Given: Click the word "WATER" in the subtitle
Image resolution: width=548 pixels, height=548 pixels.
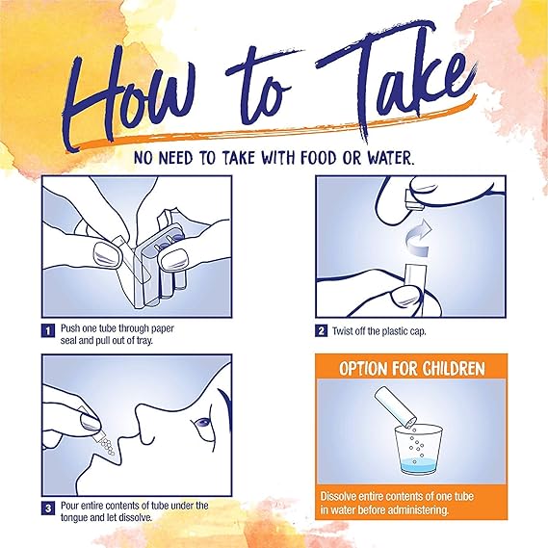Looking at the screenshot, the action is (x=389, y=158).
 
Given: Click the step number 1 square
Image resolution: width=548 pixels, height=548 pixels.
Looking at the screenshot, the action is (x=48, y=330).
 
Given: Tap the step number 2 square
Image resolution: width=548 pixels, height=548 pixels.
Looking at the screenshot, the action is (x=321, y=330).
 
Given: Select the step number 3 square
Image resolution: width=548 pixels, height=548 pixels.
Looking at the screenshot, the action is (x=48, y=508).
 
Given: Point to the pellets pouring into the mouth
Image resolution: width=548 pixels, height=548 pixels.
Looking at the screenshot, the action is (x=106, y=446).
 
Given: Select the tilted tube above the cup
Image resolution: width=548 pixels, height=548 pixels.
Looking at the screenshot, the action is (x=395, y=406).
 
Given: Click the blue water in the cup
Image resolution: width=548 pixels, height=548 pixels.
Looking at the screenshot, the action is (x=418, y=466).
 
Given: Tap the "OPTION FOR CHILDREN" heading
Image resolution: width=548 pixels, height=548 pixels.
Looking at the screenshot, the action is (x=411, y=368).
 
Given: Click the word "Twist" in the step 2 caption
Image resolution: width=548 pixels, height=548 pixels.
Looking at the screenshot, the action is (x=342, y=331).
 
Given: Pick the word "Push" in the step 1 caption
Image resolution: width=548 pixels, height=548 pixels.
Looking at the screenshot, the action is (x=70, y=328).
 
